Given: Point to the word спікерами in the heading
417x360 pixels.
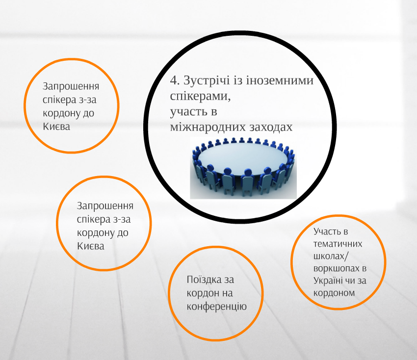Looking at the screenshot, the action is coord(200,96).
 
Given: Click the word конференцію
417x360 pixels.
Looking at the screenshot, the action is coord(216,307).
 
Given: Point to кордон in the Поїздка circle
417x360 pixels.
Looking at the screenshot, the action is coord(201,293).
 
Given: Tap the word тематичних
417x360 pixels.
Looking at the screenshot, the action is coord(338,244).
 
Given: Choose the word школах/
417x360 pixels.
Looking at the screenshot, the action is coord(331,256).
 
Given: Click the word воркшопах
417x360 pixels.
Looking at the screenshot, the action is coord(337,269).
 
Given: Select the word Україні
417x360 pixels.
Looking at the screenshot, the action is coord(328,281).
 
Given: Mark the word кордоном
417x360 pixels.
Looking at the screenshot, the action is coord(334,293).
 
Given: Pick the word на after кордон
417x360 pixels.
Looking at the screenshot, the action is coord(227,293).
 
